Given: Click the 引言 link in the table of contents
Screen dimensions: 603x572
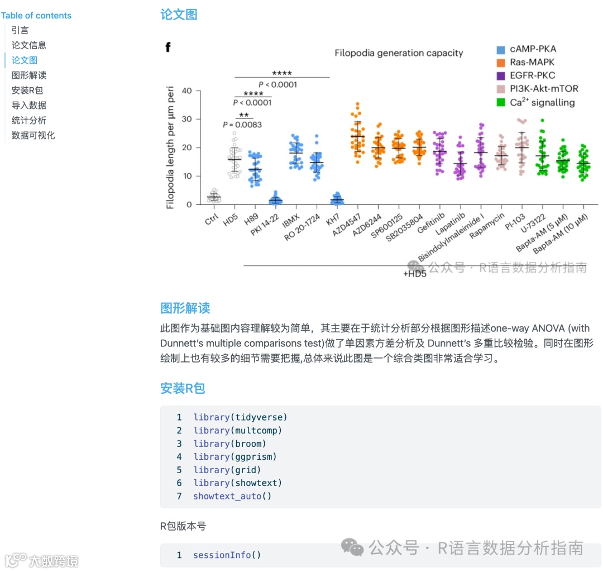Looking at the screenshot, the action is [20, 30].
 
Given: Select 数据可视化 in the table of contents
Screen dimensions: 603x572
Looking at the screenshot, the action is [33, 135].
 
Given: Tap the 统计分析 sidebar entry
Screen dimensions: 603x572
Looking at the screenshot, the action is [29, 120].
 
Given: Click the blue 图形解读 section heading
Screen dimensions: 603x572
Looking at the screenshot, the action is [185, 308].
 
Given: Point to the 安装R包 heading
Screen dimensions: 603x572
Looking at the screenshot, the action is [183, 388].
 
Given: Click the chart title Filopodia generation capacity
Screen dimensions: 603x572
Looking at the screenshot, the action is [399, 53].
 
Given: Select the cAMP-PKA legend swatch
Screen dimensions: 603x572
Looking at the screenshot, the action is [501, 49].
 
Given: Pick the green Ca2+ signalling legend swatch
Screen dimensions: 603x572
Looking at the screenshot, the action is [501, 102].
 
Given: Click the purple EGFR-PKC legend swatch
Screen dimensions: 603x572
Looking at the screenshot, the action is [501, 75].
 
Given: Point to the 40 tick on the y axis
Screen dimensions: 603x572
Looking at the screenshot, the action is [186, 91].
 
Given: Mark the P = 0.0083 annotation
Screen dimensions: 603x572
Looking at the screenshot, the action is [242, 125].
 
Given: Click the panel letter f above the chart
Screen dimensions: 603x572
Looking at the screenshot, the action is [167, 47].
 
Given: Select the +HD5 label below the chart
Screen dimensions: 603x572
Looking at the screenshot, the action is [415, 274].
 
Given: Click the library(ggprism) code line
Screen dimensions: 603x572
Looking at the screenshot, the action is [235, 456].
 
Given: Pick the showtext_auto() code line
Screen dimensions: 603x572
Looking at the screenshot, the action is [232, 496].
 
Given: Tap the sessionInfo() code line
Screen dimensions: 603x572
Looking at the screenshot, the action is [227, 555].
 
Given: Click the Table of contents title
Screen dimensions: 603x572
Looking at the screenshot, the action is [36, 16].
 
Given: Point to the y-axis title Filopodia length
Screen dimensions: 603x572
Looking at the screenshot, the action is [171, 147].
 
